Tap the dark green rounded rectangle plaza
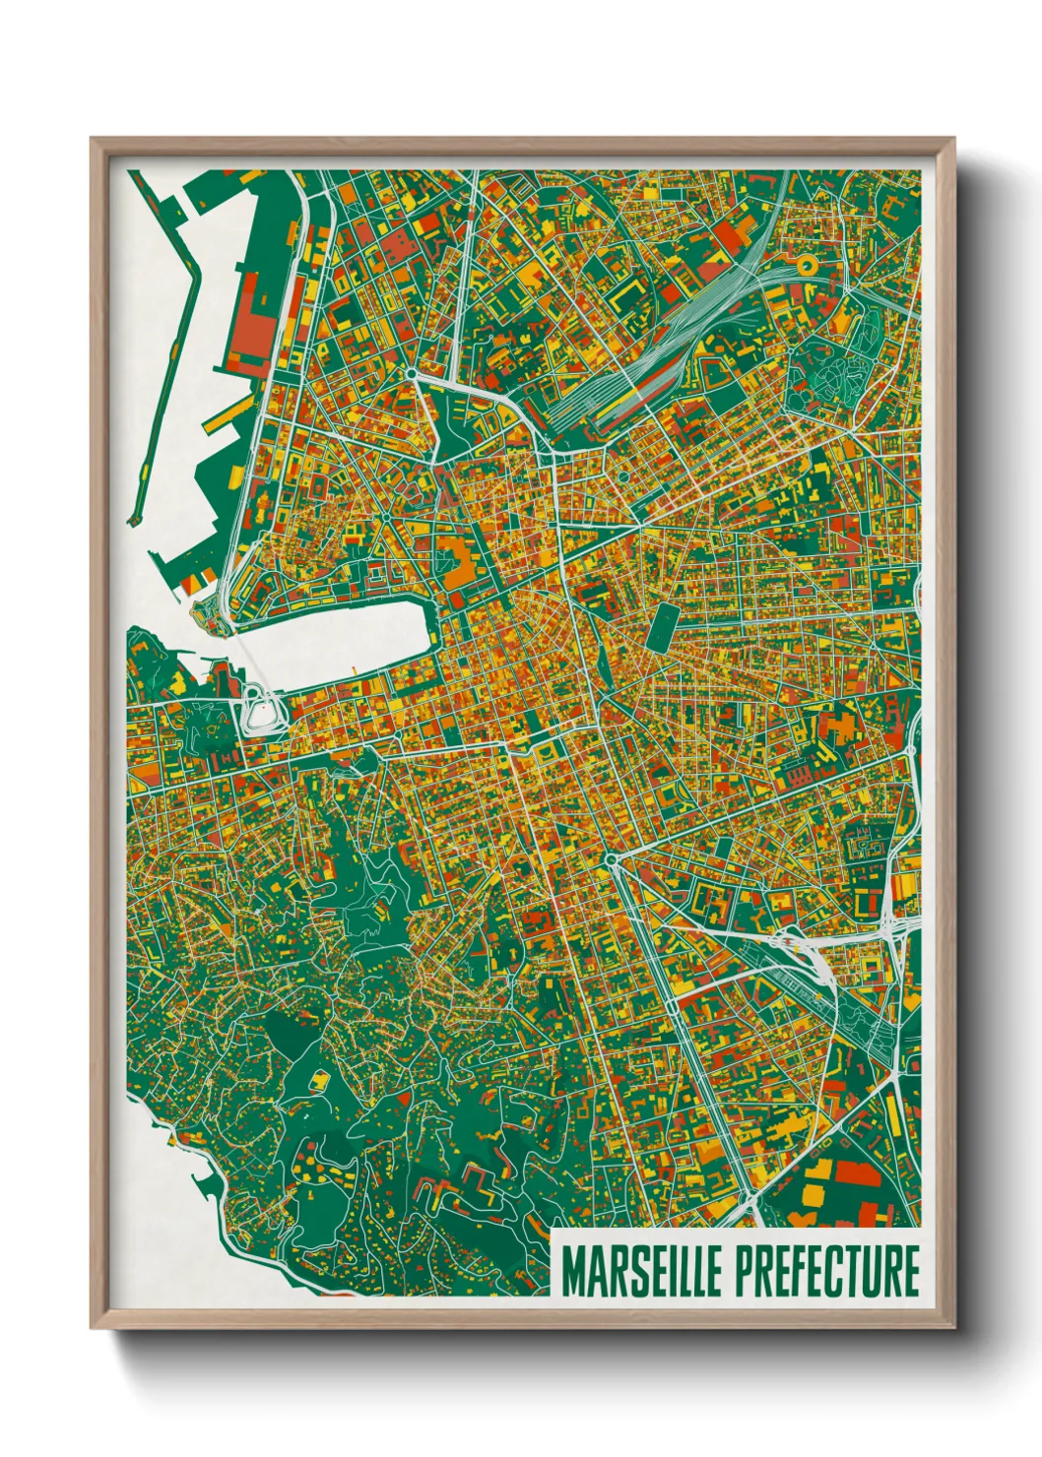664,626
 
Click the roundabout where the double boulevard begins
612,860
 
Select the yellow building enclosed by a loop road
320,1082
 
